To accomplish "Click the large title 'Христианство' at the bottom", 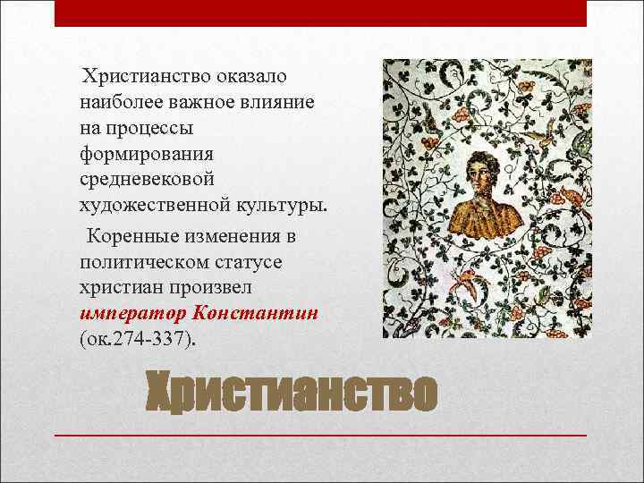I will [x=292, y=394].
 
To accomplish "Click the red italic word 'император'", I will [x=131, y=314].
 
